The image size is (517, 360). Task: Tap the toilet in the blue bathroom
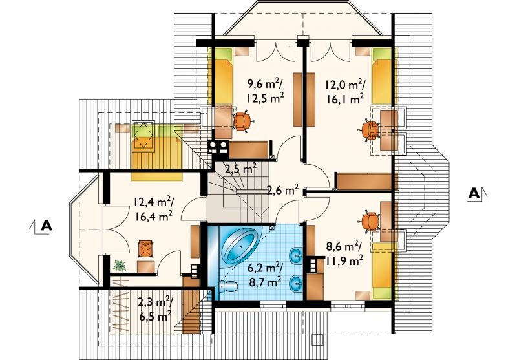pyautogui.click(x=228, y=286)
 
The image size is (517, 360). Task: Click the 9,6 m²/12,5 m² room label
pyautogui.click(x=266, y=91)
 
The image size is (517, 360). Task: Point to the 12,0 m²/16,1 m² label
pyautogui.click(x=344, y=91)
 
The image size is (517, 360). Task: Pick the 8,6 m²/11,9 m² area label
pyautogui.click(x=344, y=253)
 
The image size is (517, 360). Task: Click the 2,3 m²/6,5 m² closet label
pyautogui.click(x=154, y=309)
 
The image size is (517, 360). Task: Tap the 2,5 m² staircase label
pyautogui.click(x=240, y=169)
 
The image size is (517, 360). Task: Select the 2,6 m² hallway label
pyautogui.click(x=283, y=190)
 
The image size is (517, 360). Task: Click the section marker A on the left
pyautogui.click(x=47, y=226)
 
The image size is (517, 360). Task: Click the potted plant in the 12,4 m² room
pyautogui.click(x=120, y=266)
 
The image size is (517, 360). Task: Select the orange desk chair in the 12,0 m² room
pyautogui.click(x=368, y=130)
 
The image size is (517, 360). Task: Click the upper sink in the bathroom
pyautogui.click(x=296, y=255)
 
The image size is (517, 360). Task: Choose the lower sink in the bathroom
pyautogui.click(x=296, y=283)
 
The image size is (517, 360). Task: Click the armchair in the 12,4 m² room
pyautogui.click(x=147, y=248)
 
